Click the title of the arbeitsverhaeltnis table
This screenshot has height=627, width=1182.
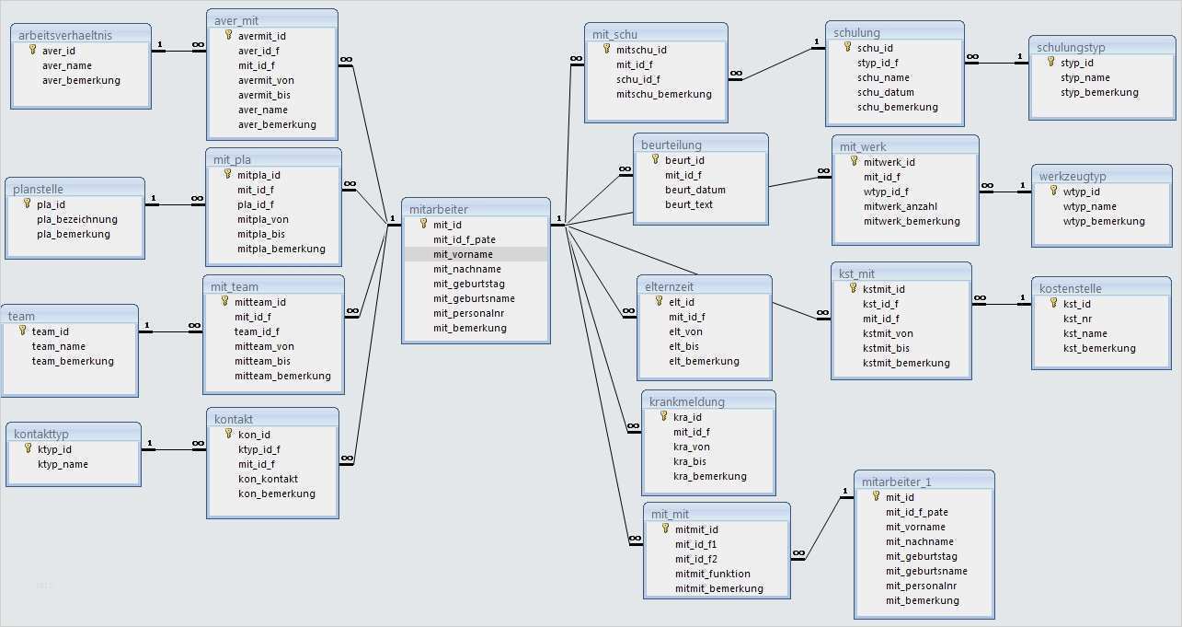(65, 35)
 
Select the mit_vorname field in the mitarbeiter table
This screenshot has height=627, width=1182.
(463, 254)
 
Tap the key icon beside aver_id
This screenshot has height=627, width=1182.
(33, 50)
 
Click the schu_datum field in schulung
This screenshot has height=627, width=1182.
(886, 92)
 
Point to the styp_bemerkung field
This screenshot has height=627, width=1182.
(1099, 92)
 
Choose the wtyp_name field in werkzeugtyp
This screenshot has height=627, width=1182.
(1090, 206)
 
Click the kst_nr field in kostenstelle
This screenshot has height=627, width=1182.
(1077, 319)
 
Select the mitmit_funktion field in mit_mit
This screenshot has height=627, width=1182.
(712, 574)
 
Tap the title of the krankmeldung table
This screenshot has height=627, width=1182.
(686, 402)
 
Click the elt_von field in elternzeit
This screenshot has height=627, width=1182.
(685, 331)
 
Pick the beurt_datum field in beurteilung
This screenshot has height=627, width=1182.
(695, 190)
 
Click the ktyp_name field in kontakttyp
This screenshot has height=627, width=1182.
(63, 464)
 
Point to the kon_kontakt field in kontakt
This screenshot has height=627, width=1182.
(268, 479)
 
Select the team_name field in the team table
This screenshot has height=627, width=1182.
(59, 346)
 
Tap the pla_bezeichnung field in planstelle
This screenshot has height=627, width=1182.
(77, 219)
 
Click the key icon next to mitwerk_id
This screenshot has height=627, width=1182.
(855, 161)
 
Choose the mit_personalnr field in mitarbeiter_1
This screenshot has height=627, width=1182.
(921, 586)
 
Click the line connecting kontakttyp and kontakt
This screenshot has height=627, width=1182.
(174, 450)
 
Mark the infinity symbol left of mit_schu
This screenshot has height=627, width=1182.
(576, 59)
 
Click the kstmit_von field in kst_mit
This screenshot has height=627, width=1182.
(888, 333)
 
